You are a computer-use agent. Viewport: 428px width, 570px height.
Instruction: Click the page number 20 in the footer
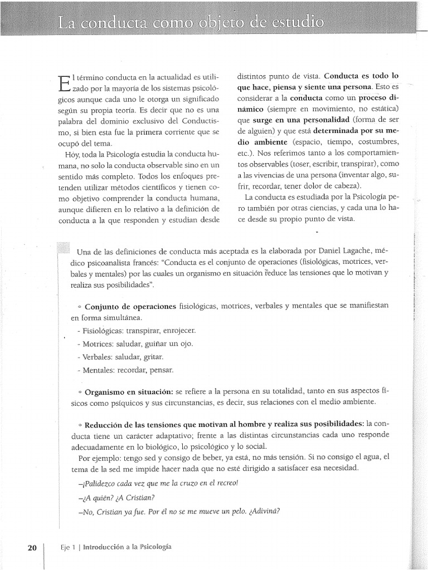pyautogui.click(x=31, y=547)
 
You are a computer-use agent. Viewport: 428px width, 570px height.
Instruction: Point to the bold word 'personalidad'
pyautogui.click(x=324, y=120)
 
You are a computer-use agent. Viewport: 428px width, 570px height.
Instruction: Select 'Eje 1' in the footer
pyautogui.click(x=68, y=547)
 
